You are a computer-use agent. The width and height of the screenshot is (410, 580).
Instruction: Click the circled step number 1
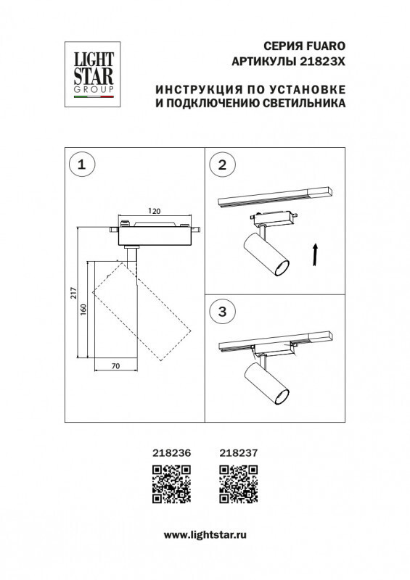81,165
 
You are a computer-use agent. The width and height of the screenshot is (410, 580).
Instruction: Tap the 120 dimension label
154,211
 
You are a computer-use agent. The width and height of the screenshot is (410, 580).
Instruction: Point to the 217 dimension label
73,293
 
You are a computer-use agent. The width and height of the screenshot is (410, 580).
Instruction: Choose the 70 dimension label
115,367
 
